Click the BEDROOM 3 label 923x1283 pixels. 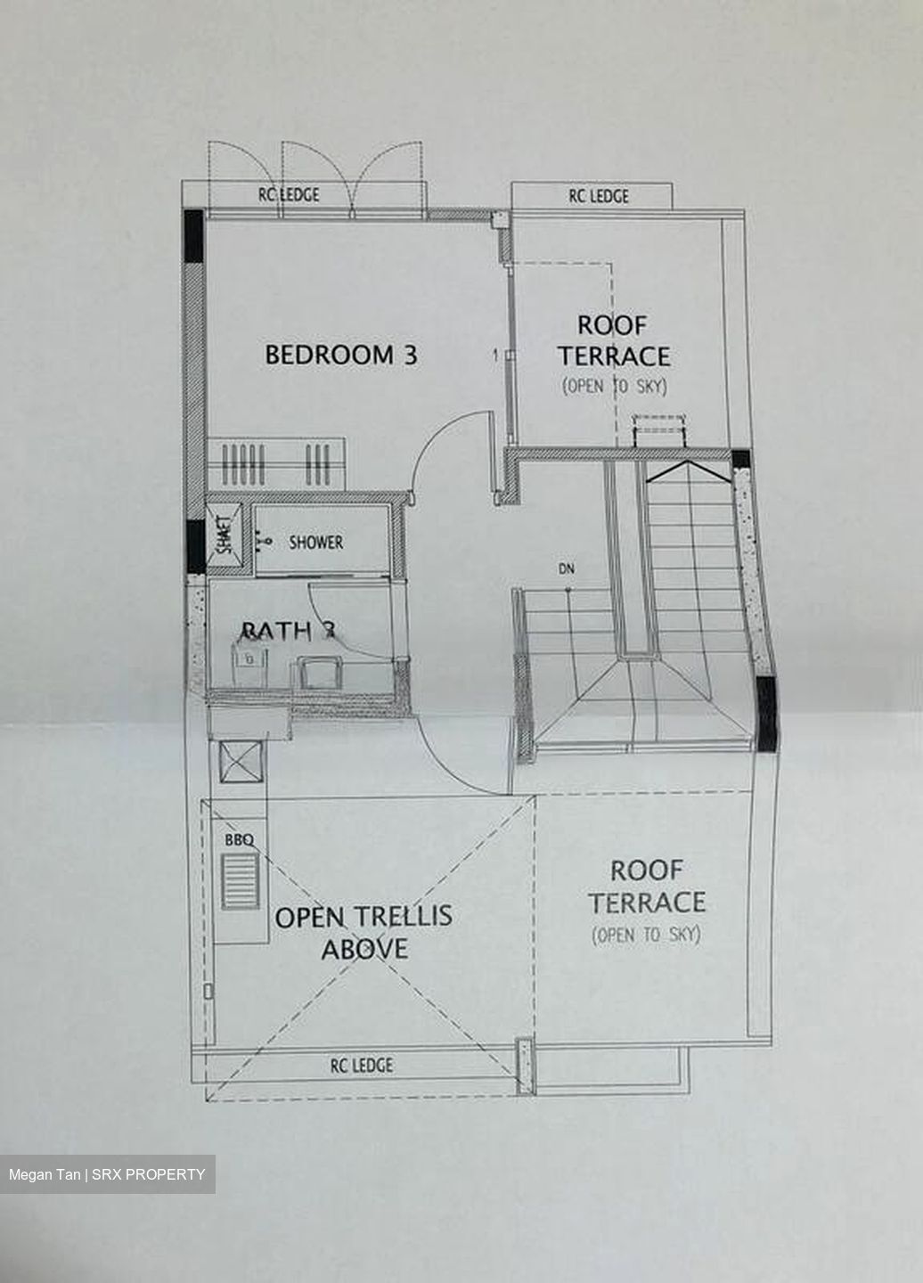340,355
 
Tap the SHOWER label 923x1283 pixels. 315,542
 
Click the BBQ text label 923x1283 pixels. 239,839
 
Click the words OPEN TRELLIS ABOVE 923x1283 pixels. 363,932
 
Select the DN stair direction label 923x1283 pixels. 567,567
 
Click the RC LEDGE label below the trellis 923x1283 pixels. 361,1065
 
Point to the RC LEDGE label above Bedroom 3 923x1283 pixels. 289,195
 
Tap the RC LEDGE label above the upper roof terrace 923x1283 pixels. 599,196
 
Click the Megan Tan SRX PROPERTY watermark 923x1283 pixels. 107,1174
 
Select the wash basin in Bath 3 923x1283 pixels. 250,658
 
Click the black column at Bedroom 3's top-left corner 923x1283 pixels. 193,235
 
